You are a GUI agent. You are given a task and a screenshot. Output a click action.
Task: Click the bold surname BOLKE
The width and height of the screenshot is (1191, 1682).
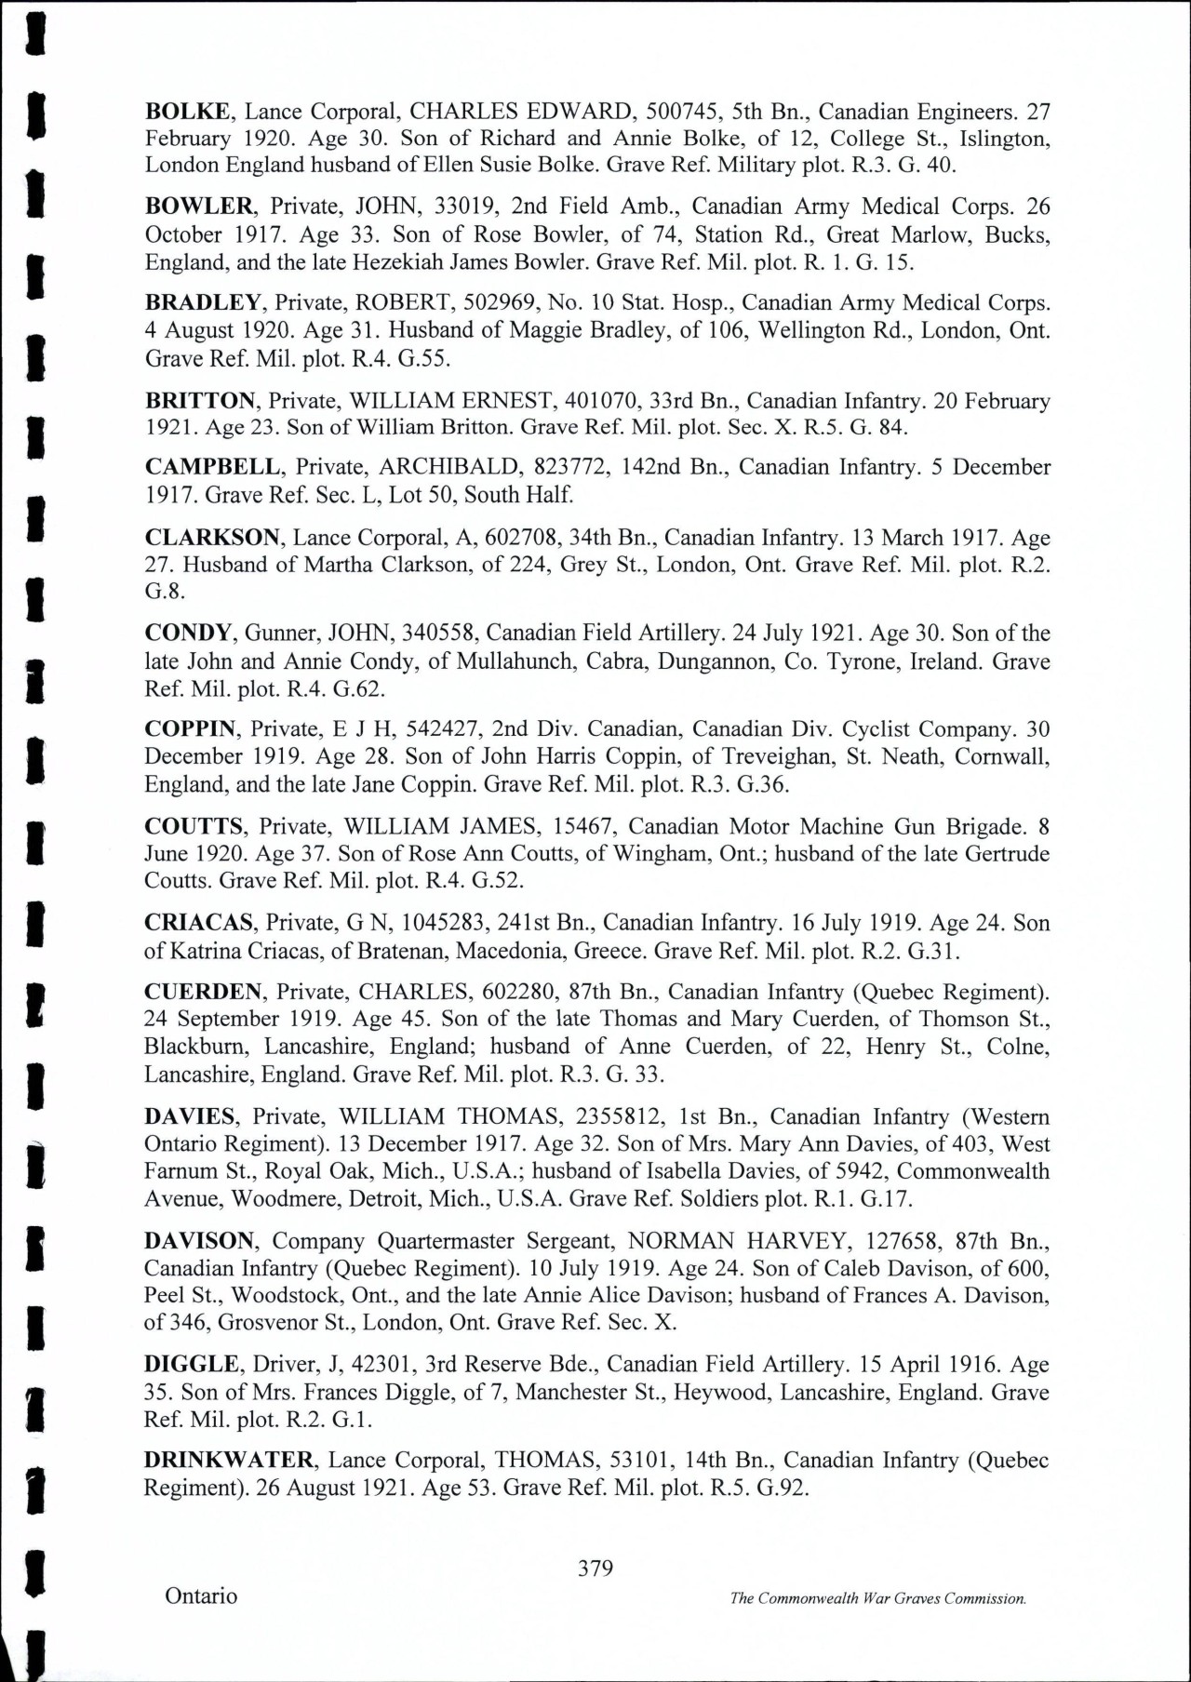tap(187, 112)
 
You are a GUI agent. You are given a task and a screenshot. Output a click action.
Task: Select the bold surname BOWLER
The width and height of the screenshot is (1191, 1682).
tap(198, 207)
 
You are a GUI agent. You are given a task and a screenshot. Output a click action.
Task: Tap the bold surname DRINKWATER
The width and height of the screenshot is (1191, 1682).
tap(229, 1460)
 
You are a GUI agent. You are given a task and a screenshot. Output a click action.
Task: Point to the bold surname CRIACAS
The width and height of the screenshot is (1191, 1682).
tap(199, 923)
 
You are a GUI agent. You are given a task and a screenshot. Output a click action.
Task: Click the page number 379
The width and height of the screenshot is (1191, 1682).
tap(595, 1569)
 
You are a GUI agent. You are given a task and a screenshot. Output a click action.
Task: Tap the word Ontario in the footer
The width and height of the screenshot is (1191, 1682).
tap(201, 1596)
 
